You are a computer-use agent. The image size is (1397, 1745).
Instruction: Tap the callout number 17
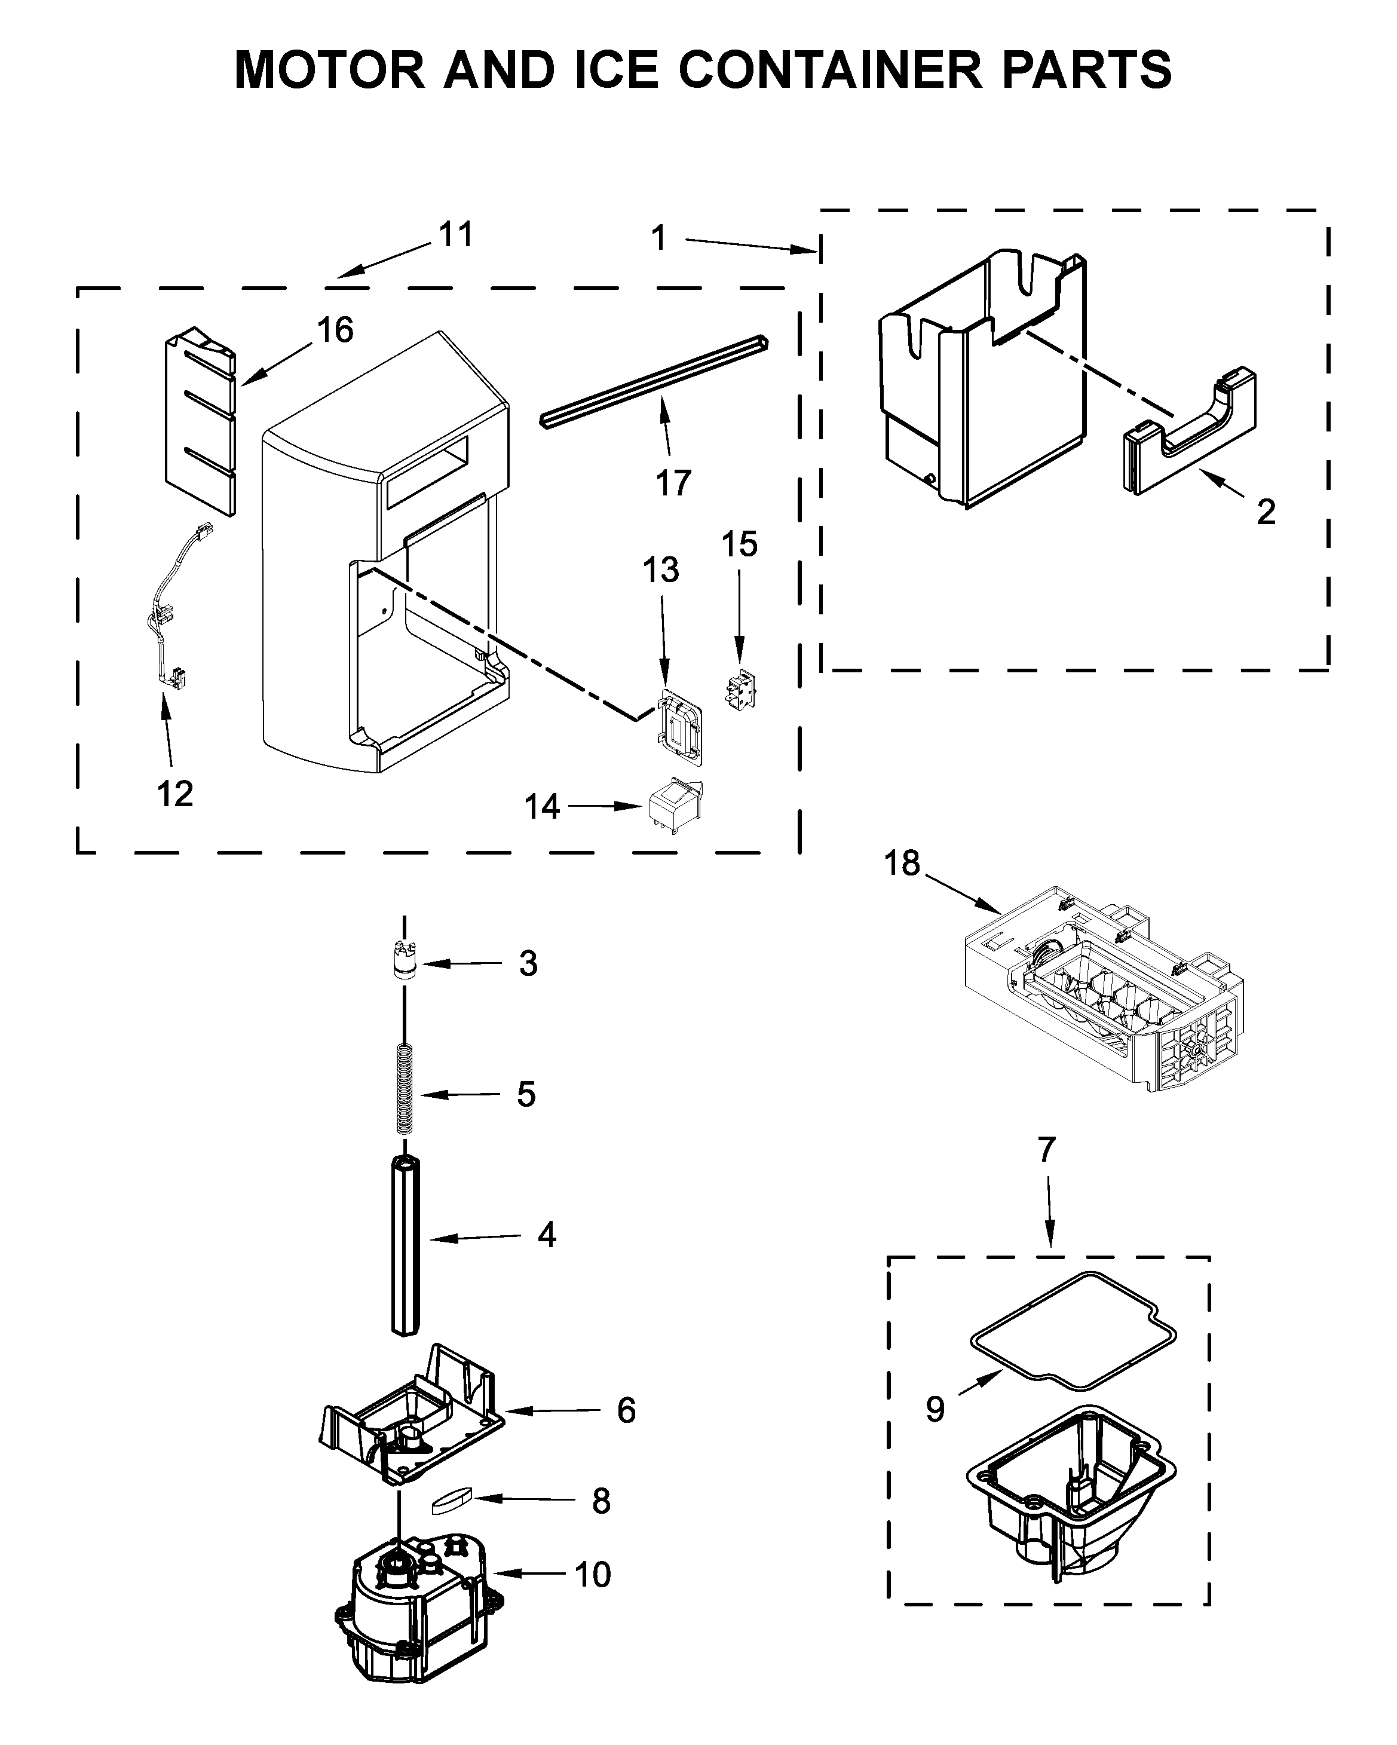tap(673, 483)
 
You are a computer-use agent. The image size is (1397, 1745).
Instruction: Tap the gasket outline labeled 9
tap(1073, 1325)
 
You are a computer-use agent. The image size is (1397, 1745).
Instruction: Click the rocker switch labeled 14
tap(674, 806)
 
